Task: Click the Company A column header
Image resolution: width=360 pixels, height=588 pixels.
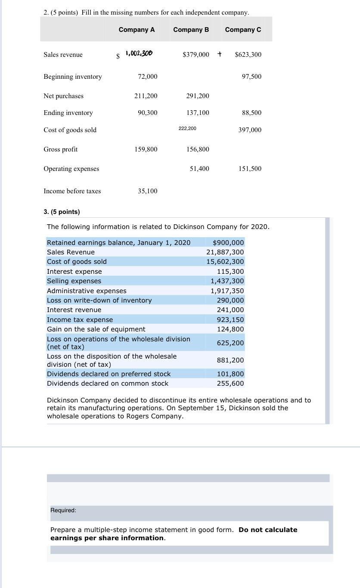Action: pos(137,30)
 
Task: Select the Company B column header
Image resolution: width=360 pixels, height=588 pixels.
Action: pos(191,30)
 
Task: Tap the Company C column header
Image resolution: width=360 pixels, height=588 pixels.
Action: pos(243,30)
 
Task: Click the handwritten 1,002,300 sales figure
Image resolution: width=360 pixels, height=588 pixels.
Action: pos(138,54)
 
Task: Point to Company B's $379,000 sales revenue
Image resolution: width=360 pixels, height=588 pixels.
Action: pos(196,55)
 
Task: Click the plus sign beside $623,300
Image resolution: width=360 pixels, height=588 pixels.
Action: pos(220,54)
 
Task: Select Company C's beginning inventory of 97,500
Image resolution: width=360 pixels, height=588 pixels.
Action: pos(251,77)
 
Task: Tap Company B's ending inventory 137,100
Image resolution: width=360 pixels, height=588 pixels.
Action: pos(198,113)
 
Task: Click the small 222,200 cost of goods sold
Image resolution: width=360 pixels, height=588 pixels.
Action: pos(187,128)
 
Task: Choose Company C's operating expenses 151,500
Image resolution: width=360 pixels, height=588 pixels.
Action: pos(250,169)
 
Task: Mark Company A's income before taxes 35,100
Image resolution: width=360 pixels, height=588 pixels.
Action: pos(147,191)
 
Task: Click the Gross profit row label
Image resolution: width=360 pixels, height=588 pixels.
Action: pos(61,149)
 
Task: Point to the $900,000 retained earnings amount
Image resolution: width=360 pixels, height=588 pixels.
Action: pos(228,243)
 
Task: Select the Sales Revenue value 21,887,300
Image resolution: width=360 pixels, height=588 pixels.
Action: pos(225,252)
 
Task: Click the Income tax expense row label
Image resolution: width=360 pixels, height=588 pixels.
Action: pos(80,320)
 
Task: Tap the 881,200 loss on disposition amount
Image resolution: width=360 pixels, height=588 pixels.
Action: pos(230,360)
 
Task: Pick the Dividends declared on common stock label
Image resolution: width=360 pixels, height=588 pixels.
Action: pos(107,384)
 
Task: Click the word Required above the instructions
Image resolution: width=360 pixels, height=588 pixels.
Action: pos(63,510)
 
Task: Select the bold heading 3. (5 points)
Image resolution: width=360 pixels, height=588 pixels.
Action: pos(62,212)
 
